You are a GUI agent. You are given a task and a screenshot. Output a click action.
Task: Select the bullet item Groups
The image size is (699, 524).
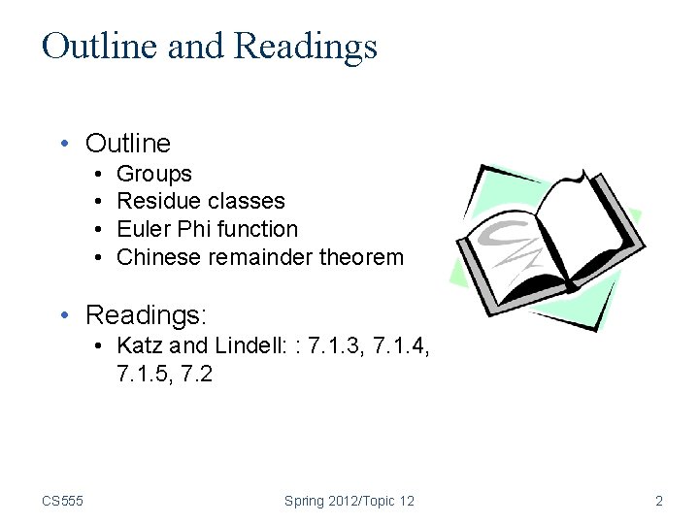154,175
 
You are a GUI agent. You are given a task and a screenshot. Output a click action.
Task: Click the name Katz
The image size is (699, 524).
138,345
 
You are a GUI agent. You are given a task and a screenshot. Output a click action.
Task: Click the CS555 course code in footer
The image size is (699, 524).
62,501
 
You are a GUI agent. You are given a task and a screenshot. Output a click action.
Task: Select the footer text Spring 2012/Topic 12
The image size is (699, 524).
349,501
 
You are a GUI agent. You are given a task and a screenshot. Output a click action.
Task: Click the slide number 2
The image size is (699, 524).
659,501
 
